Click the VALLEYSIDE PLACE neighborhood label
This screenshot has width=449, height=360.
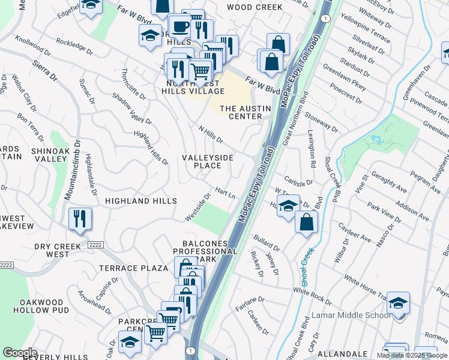coord(208,161)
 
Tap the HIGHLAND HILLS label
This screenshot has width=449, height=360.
coord(141,200)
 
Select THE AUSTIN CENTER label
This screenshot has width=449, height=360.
coord(246,113)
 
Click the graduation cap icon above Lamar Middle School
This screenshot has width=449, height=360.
coord(398,303)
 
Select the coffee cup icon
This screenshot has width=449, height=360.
coord(179,27)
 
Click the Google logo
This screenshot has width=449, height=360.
coord(20,353)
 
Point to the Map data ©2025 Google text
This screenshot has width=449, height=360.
coord(412,355)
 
